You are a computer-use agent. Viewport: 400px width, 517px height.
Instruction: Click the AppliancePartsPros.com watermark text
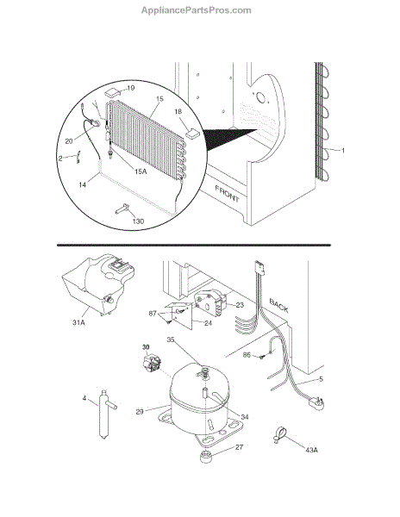[x=197, y=10]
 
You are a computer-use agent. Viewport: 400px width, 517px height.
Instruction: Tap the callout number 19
[x=130, y=88]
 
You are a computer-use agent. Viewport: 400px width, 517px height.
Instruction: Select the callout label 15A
[x=141, y=171]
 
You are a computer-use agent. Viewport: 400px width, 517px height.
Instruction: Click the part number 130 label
[x=138, y=221]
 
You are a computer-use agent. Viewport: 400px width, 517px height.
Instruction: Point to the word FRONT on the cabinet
[x=228, y=194]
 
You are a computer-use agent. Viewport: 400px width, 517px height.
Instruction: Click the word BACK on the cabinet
[x=279, y=306]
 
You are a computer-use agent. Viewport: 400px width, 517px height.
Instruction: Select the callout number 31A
[x=78, y=322]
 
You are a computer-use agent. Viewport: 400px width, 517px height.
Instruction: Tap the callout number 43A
[x=311, y=450]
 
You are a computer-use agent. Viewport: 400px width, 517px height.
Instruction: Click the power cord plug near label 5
[x=316, y=403]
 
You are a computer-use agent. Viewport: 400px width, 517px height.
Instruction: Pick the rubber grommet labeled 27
[x=206, y=458]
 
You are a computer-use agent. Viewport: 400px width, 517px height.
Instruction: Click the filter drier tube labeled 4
[x=106, y=414]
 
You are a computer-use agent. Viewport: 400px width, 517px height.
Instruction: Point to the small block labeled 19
[x=112, y=92]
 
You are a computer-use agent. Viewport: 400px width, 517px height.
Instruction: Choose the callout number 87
[x=153, y=314]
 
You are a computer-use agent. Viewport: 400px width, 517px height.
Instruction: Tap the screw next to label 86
[x=262, y=357]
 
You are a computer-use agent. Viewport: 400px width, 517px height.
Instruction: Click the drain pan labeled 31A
[x=98, y=285]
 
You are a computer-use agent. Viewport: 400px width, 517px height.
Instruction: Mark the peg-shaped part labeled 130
[x=122, y=209]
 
